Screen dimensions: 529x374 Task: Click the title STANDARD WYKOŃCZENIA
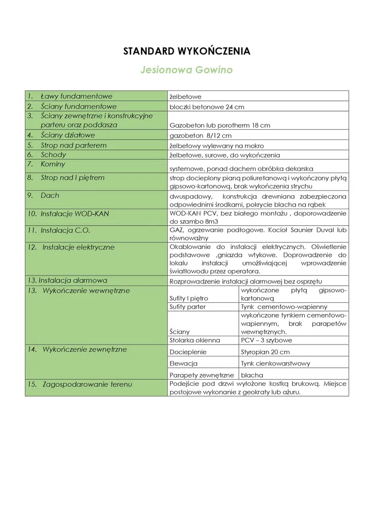(x=186, y=51)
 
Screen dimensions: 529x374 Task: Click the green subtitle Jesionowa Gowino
(x=186, y=70)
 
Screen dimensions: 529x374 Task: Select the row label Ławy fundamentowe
(x=76, y=96)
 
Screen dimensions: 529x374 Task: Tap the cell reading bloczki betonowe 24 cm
(x=207, y=107)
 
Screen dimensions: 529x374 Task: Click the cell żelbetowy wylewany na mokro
(x=216, y=146)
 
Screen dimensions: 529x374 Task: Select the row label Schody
(x=53, y=154)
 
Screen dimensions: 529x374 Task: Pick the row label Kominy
(x=53, y=164)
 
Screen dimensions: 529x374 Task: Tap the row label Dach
(x=50, y=195)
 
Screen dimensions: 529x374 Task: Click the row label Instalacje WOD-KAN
(x=74, y=213)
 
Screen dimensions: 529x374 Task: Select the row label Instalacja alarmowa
(x=67, y=281)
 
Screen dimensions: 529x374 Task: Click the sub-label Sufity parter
(x=188, y=307)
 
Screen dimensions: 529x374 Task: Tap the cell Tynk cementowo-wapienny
(x=284, y=307)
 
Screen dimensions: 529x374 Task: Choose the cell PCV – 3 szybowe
(x=266, y=340)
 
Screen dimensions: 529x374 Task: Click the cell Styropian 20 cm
(x=265, y=352)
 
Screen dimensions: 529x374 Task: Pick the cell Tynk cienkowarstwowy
(x=275, y=363)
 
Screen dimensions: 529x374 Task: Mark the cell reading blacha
(x=252, y=375)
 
